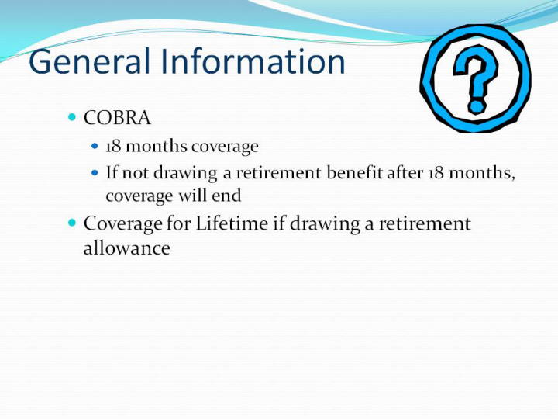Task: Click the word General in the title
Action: [x=89, y=61]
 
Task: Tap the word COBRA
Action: [x=117, y=118]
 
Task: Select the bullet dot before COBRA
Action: [x=72, y=117]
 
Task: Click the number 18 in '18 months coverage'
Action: [x=113, y=146]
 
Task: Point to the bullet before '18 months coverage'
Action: [x=95, y=146]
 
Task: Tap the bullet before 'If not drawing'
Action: [x=95, y=173]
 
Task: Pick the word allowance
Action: [x=126, y=248]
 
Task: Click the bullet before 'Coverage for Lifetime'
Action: [x=72, y=223]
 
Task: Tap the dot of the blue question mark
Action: [x=476, y=106]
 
